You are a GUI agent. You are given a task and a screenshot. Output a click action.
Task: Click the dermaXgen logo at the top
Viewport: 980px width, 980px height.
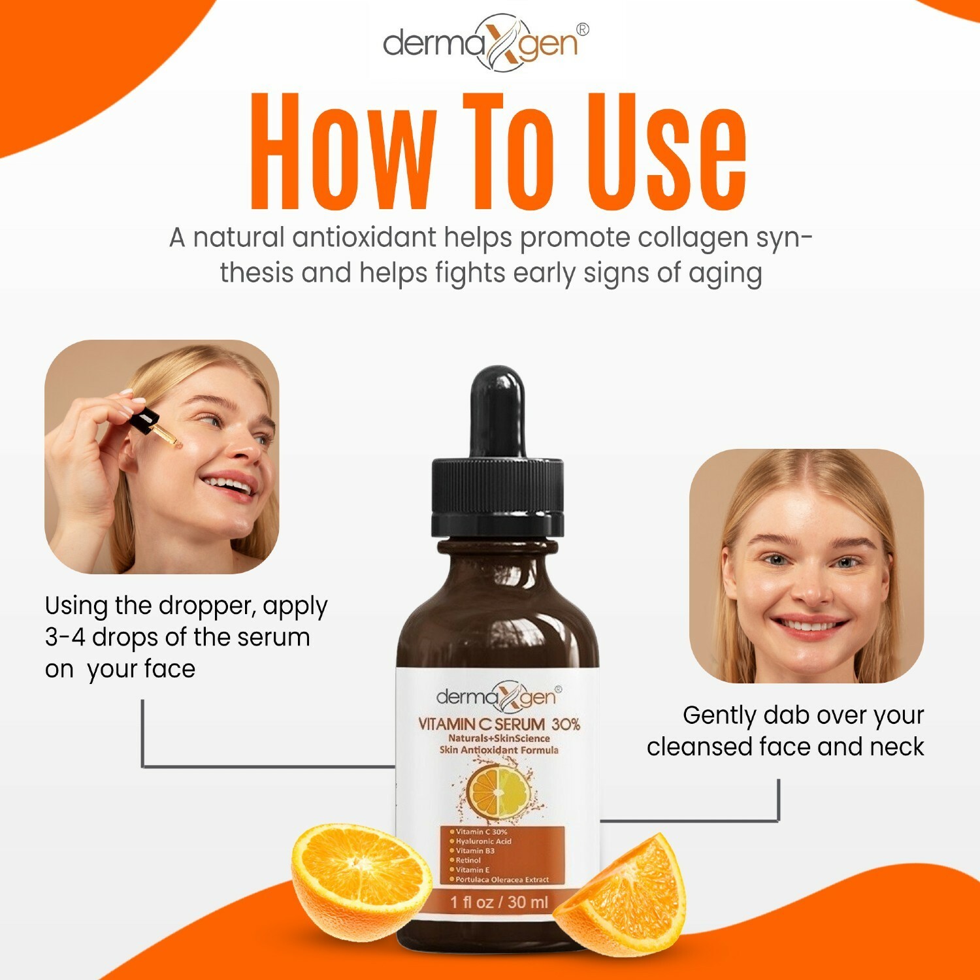click(483, 43)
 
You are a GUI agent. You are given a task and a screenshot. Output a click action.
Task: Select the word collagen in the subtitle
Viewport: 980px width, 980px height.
click(693, 237)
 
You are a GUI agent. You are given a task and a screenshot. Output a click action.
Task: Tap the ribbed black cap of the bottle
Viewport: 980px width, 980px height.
click(497, 497)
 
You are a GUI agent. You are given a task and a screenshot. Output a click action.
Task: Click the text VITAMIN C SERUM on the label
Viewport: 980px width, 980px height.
click(481, 724)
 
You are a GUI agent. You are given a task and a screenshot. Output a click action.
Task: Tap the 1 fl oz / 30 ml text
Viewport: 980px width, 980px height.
click(499, 902)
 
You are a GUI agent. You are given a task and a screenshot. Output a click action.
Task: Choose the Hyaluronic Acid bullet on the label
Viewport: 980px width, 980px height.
click(483, 841)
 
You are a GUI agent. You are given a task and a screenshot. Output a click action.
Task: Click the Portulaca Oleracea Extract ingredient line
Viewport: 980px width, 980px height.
click(502, 879)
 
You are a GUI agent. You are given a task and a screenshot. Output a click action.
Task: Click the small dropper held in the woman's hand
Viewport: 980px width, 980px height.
click(152, 425)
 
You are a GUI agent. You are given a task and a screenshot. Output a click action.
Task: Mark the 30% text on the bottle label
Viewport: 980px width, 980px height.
click(566, 724)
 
